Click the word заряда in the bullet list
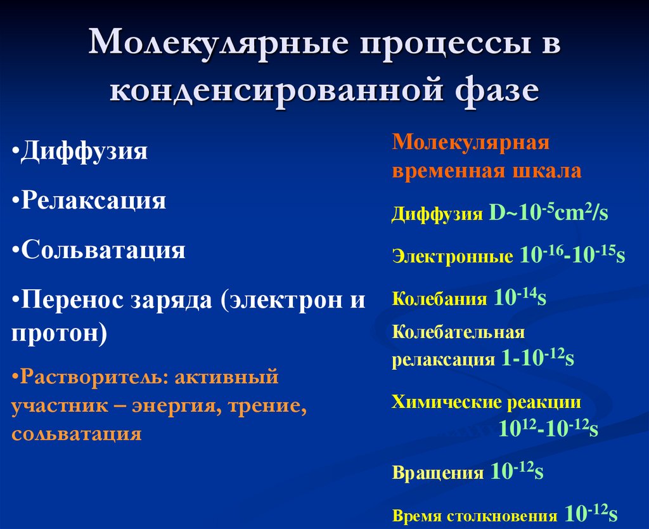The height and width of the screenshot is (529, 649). click(x=172, y=299)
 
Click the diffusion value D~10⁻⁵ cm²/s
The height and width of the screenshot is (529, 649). click(x=548, y=212)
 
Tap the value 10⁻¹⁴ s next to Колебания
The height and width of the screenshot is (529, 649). click(x=519, y=299)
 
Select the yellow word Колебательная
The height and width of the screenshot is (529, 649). click(x=458, y=332)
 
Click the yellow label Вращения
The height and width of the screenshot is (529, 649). click(x=439, y=473)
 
